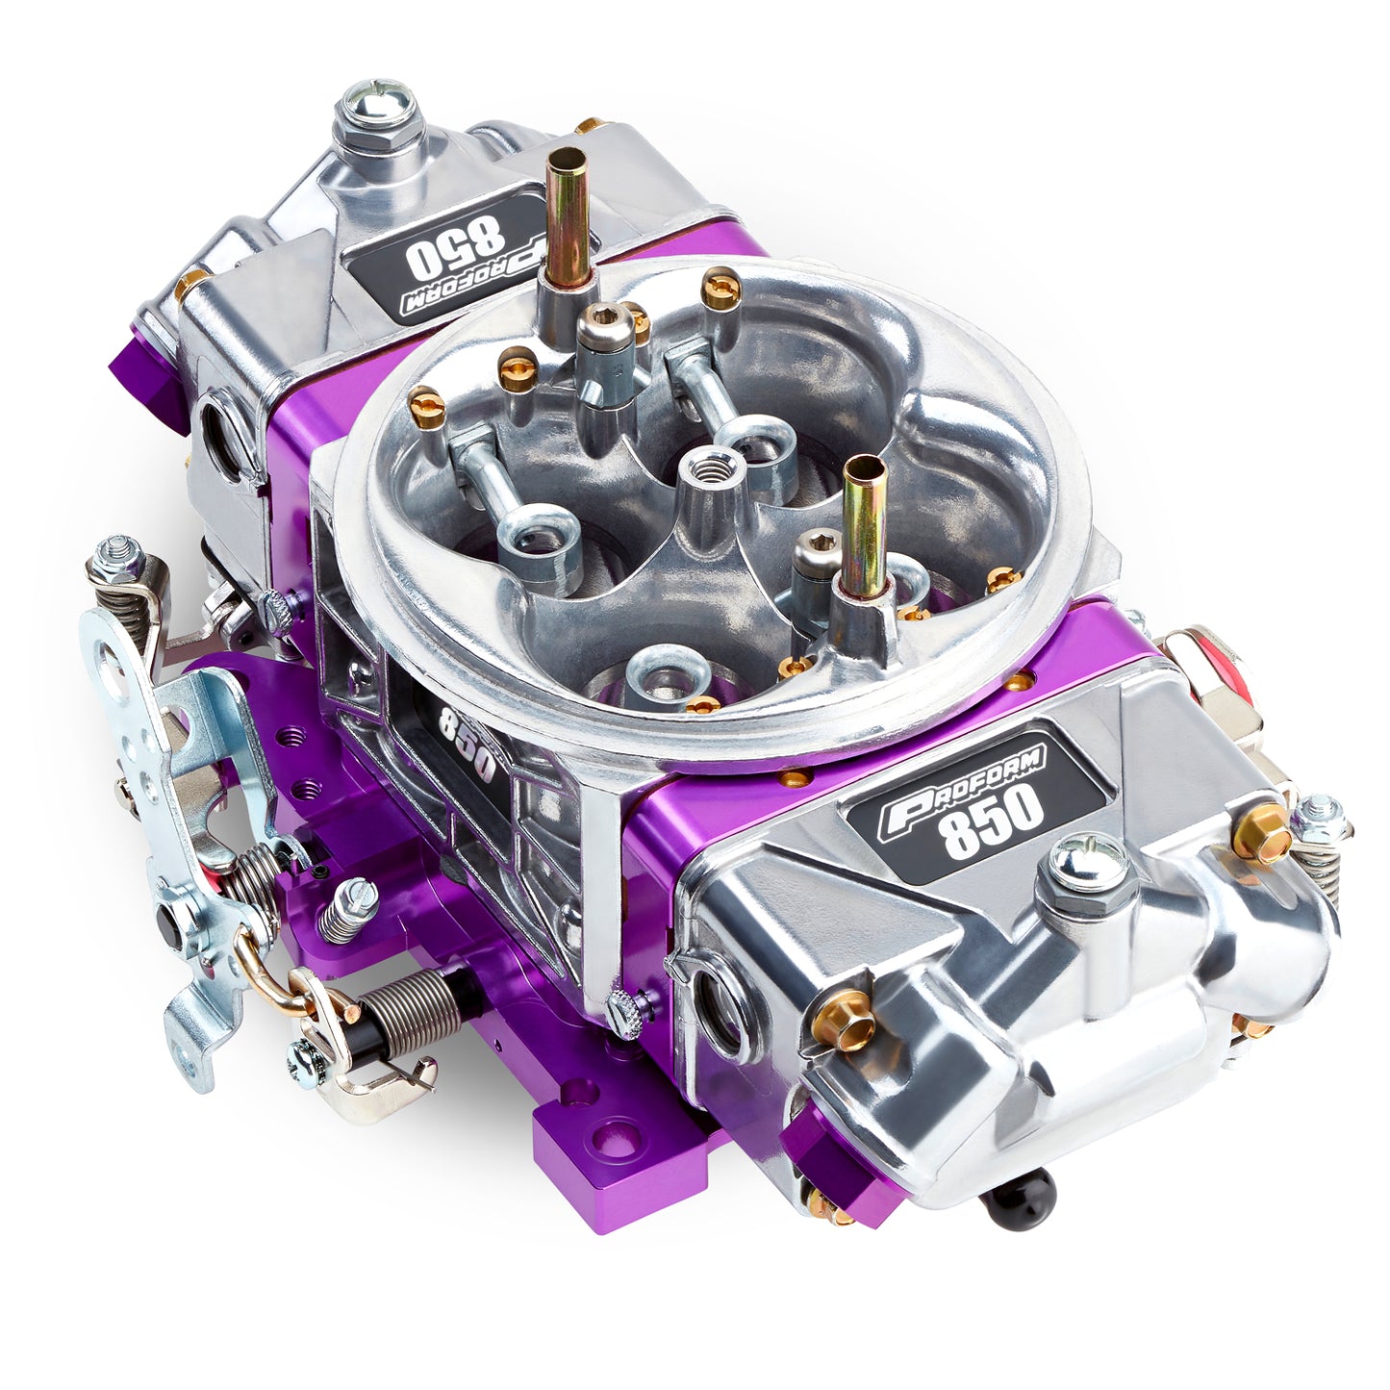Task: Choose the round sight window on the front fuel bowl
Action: [722, 1009]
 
